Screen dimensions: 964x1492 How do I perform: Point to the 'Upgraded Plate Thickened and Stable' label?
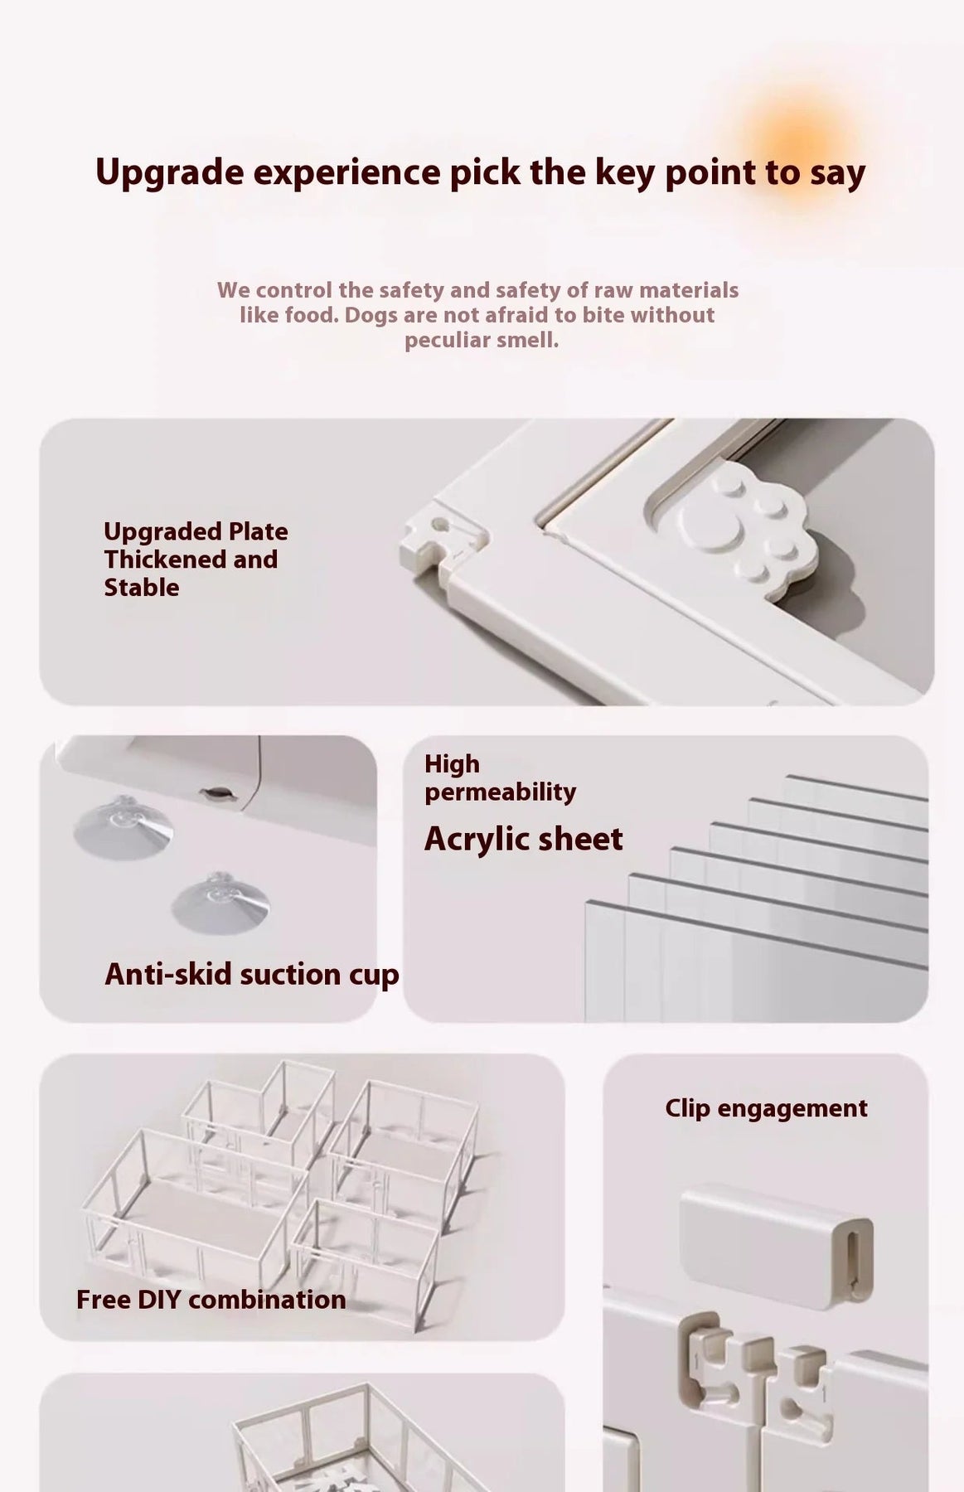(x=196, y=559)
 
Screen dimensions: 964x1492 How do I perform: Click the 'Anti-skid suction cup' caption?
(x=252, y=974)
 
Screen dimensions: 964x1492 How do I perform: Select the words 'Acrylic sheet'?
(x=523, y=840)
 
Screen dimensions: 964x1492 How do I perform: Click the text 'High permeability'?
(x=500, y=777)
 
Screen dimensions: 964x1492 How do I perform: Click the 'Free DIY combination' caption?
(x=211, y=1299)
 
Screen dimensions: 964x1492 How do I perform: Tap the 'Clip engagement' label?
(x=766, y=1109)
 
